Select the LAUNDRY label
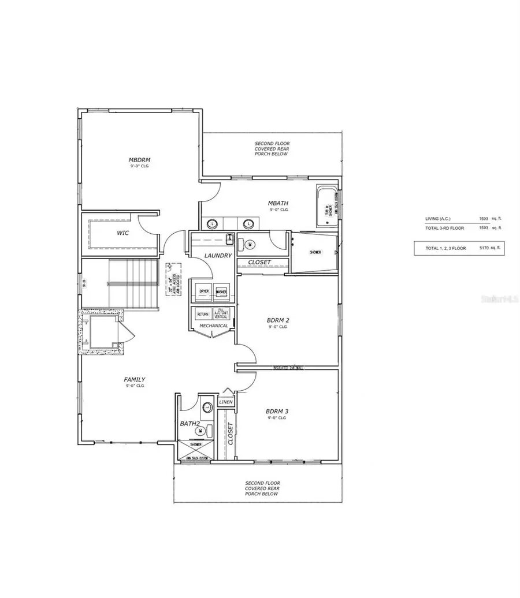point(218,255)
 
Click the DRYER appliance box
point(204,291)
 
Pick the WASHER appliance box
point(221,291)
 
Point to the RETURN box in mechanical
point(203,314)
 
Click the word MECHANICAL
point(214,326)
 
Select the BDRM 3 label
point(277,411)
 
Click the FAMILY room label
point(134,379)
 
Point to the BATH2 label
point(188,423)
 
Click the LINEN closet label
point(225,401)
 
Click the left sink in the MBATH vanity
point(212,223)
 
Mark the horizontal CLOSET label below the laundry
point(259,262)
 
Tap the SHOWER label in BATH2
point(196,444)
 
